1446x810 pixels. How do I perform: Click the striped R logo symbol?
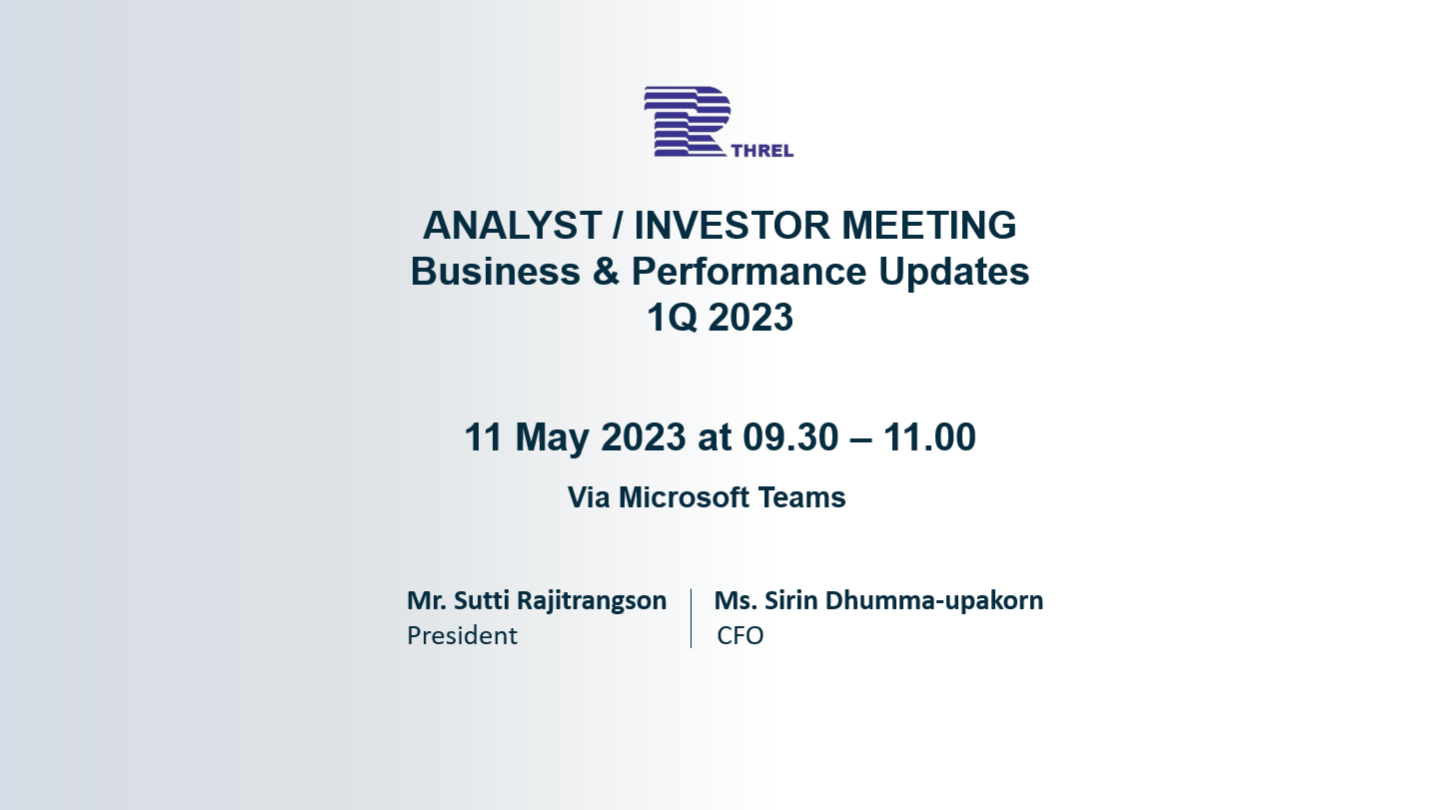coord(688,121)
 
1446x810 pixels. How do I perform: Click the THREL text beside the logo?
coord(762,151)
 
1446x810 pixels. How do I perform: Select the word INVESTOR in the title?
coord(732,226)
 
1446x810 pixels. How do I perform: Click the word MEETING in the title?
coord(929,226)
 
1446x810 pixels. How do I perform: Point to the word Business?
coord(495,271)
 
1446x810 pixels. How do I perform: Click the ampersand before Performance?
coord(606,271)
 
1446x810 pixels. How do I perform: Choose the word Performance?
coord(748,271)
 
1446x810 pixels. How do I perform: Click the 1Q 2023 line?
coord(720,318)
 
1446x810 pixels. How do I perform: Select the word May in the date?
coord(552,438)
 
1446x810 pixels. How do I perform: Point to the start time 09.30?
coord(790,436)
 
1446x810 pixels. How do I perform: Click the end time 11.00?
coord(929,436)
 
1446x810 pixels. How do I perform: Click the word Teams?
coord(801,497)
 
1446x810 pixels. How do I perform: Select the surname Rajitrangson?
coord(592,601)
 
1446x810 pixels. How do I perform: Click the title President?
coord(463,636)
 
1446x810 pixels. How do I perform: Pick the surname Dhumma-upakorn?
coord(933,601)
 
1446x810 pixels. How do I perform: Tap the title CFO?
coord(740,636)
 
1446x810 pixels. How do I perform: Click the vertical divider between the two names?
coord(691,617)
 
